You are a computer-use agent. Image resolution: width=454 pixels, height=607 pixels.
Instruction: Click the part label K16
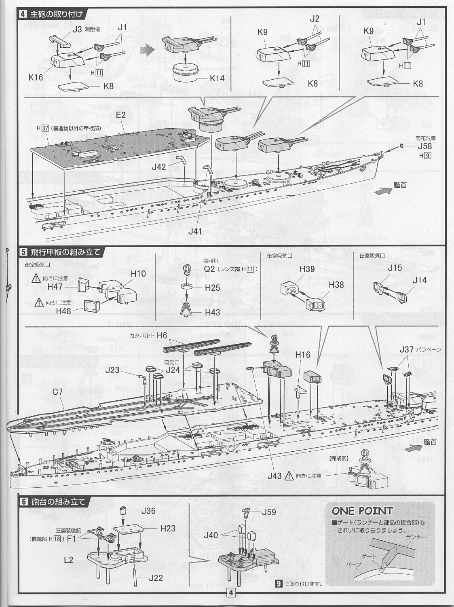click(36, 77)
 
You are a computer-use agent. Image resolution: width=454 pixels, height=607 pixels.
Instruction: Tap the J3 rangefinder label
click(77, 29)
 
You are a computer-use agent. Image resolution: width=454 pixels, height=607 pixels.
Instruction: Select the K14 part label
click(217, 78)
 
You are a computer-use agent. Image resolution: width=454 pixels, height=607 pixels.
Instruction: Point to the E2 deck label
click(120, 115)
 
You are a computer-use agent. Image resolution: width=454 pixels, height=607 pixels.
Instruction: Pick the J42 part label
click(159, 166)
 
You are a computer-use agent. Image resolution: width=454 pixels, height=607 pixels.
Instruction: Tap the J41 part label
click(194, 231)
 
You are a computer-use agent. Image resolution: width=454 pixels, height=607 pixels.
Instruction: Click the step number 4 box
click(23, 14)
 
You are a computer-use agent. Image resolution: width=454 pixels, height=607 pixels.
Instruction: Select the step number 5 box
click(23, 252)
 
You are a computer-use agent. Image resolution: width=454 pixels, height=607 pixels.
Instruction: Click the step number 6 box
click(23, 502)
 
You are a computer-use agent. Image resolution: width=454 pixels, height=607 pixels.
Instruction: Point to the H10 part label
click(138, 274)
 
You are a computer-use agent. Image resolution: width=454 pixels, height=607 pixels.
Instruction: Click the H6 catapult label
click(162, 335)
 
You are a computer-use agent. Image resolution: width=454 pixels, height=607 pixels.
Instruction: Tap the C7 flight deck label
click(57, 391)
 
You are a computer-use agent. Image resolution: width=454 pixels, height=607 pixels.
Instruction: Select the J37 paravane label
click(407, 349)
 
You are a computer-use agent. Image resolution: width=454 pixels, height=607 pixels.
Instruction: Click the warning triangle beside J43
click(289, 476)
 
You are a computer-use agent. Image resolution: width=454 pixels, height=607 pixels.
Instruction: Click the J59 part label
click(269, 512)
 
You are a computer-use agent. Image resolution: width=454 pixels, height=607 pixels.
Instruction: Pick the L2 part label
click(68, 560)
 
